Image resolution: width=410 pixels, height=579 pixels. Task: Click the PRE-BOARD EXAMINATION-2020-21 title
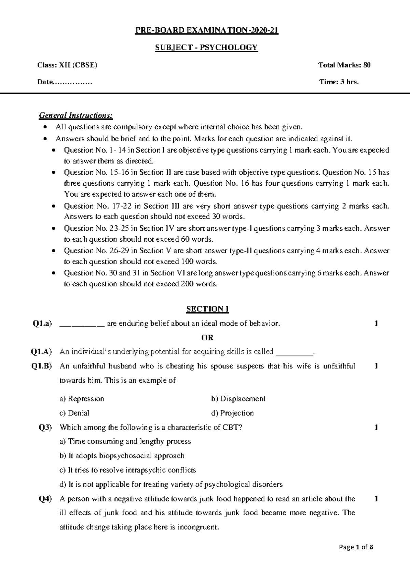tap(207, 31)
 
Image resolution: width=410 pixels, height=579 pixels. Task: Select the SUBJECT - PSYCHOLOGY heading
tap(206, 47)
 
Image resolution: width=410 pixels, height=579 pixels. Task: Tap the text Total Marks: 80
tap(344, 65)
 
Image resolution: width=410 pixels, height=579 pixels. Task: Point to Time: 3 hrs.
tap(339, 82)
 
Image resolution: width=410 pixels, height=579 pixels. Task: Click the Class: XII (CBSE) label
tap(67, 65)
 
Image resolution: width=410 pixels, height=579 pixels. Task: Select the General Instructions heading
tap(76, 115)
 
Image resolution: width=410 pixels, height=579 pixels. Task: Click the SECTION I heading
tap(207, 309)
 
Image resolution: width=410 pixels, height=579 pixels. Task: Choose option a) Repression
tap(82, 399)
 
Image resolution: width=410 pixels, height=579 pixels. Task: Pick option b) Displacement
tap(238, 399)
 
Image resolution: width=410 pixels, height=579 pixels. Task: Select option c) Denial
tap(74, 413)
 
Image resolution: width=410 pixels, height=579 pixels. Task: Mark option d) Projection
tap(232, 413)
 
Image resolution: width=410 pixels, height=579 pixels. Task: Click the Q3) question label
tap(45, 427)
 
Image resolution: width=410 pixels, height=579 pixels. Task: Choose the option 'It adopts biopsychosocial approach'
tap(122, 456)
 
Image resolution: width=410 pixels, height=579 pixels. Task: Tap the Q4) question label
tap(45, 499)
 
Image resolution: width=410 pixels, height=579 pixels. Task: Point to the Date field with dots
tap(65, 82)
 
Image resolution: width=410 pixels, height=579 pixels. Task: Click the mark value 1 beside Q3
tap(376, 427)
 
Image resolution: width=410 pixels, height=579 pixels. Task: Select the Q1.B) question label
tap(41, 366)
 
